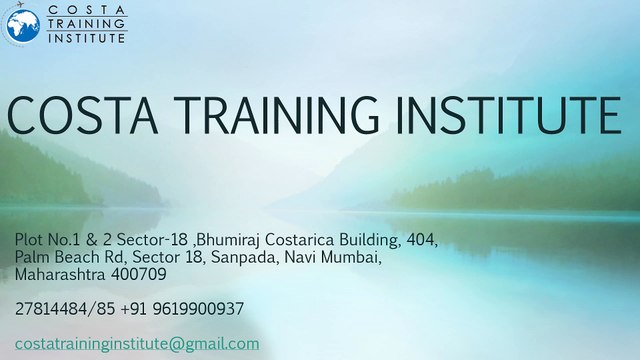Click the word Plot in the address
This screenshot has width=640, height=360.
click(x=30, y=241)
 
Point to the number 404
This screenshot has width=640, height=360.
click(x=420, y=241)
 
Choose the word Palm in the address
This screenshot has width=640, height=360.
click(x=32, y=257)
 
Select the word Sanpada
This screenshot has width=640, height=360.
click(x=226, y=257)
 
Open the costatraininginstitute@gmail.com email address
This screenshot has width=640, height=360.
click(x=137, y=344)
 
